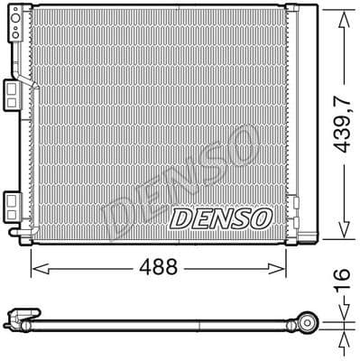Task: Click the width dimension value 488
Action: click(158, 268)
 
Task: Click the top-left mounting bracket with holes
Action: click(16, 27)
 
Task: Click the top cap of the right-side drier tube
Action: click(294, 8)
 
